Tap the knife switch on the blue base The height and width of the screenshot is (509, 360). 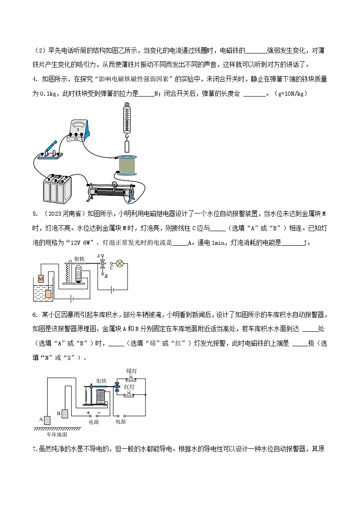tap(49, 151)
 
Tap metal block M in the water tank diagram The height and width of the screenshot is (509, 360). tap(40, 278)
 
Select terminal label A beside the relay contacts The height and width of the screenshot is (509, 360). tap(98, 256)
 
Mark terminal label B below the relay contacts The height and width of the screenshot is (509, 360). tap(106, 275)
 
